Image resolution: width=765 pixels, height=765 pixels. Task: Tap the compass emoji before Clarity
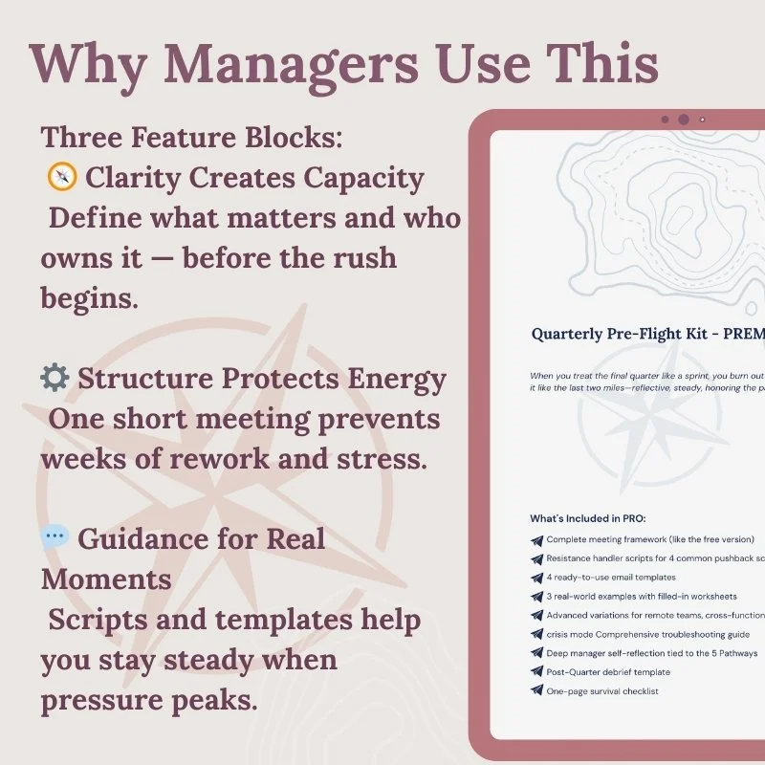click(60, 178)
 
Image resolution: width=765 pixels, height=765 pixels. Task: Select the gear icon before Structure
click(54, 379)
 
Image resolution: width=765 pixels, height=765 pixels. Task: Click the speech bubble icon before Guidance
click(55, 537)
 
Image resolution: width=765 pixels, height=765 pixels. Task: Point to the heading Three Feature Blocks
click(191, 137)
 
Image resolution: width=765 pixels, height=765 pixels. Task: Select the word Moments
click(106, 579)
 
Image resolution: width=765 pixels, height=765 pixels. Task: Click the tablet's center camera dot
click(683, 120)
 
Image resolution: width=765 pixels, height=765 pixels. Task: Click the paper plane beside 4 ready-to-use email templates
click(536, 578)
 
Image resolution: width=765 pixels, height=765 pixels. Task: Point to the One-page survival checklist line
click(602, 690)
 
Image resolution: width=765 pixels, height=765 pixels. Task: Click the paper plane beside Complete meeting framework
click(536, 540)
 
